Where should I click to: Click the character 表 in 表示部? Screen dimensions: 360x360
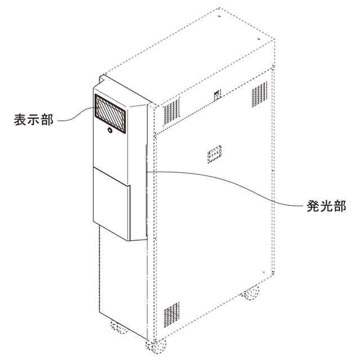pos(20,120)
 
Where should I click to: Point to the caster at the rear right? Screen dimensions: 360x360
pos(251,292)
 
